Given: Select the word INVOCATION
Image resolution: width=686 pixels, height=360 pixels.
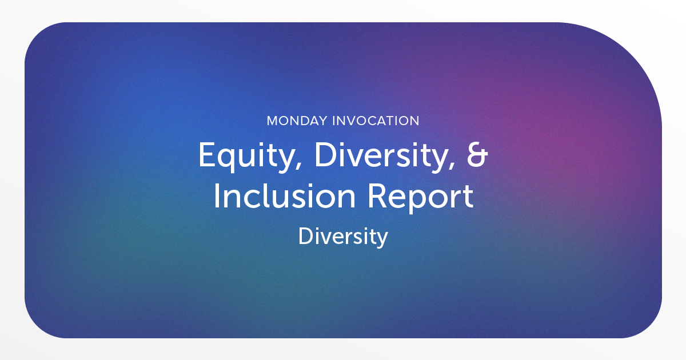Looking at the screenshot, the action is (376, 121).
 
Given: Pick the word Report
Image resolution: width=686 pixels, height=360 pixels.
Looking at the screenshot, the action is (421, 197).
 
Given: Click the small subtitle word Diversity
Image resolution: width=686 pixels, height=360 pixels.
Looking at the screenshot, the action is (343, 237).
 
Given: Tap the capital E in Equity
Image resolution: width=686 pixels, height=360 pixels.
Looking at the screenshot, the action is (208, 154).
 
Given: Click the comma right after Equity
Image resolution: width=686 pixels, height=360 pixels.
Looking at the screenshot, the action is (298, 165).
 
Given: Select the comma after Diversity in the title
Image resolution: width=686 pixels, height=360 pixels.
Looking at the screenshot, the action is (451, 165).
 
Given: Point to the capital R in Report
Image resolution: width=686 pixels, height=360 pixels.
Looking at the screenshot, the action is (378, 196).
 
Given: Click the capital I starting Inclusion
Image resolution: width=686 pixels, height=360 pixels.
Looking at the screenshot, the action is (216, 196).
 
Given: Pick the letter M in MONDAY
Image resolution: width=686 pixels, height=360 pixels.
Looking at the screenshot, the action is (273, 121).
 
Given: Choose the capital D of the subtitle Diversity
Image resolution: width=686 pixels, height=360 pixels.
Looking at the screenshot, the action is (306, 236).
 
